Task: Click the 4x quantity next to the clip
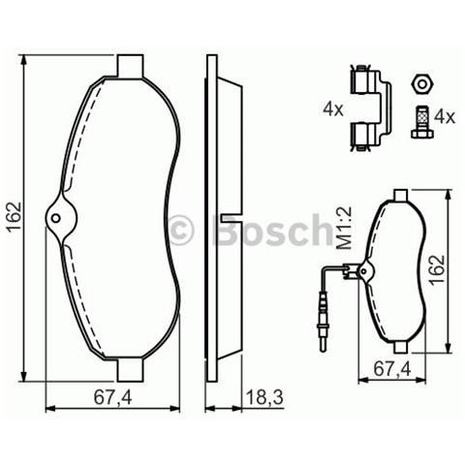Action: [x=332, y=110]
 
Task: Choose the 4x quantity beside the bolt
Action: [x=445, y=116]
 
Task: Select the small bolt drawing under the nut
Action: [x=420, y=122]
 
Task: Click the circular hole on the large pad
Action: [x=57, y=217]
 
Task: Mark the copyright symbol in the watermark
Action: [x=181, y=231]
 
